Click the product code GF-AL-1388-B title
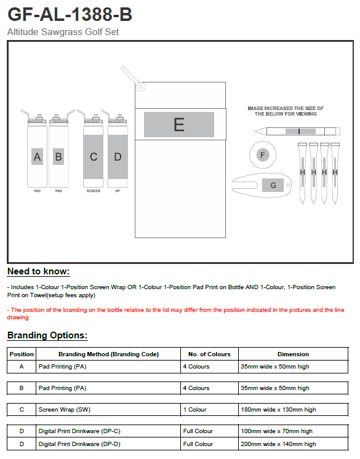click(70, 14)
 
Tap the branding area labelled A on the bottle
click(37, 157)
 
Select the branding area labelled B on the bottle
click(58, 157)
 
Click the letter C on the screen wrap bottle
click(94, 157)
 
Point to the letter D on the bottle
click(118, 157)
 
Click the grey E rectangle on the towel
click(179, 124)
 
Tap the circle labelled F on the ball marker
click(263, 155)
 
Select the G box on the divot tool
click(273, 185)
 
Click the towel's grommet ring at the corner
click(141, 87)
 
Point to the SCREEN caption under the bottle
click(94, 191)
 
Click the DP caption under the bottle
click(118, 191)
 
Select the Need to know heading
click(38, 271)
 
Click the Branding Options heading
click(47, 335)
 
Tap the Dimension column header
click(293, 354)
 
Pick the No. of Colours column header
click(209, 354)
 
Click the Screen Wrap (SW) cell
click(65, 410)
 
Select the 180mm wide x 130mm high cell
click(278, 410)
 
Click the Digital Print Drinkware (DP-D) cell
click(79, 444)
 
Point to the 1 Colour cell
click(195, 410)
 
